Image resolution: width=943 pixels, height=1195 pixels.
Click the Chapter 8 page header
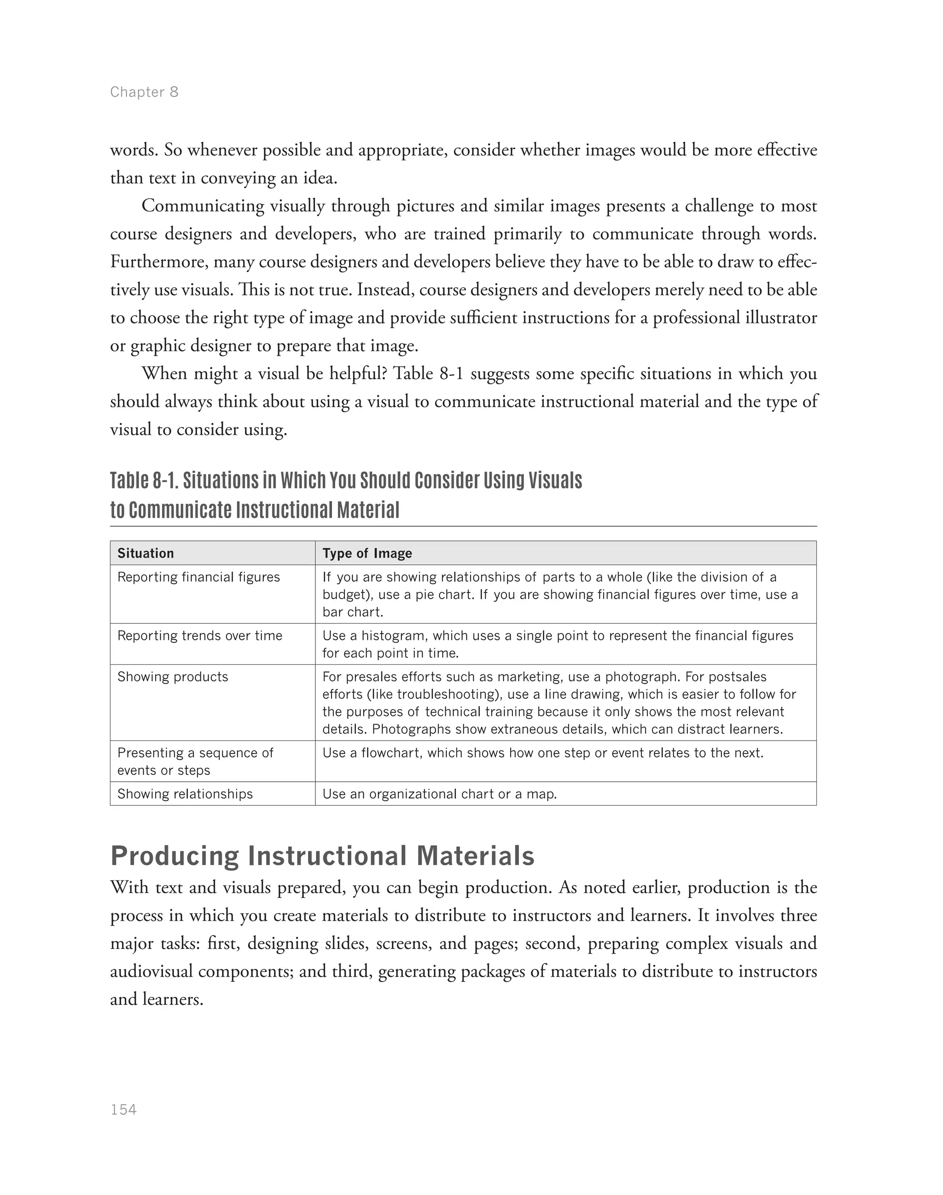point(144,92)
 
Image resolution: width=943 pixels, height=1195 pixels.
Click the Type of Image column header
point(367,553)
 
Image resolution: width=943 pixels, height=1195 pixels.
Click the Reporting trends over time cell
point(199,635)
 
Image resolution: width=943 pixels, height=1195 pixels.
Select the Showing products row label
point(172,677)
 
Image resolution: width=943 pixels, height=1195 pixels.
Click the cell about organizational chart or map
point(439,794)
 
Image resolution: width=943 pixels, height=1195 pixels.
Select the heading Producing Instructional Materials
point(322,856)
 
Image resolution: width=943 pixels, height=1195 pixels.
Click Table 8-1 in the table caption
point(144,480)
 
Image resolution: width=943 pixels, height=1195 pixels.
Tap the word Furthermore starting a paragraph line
point(159,262)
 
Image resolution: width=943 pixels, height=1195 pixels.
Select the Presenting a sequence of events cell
point(194,762)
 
